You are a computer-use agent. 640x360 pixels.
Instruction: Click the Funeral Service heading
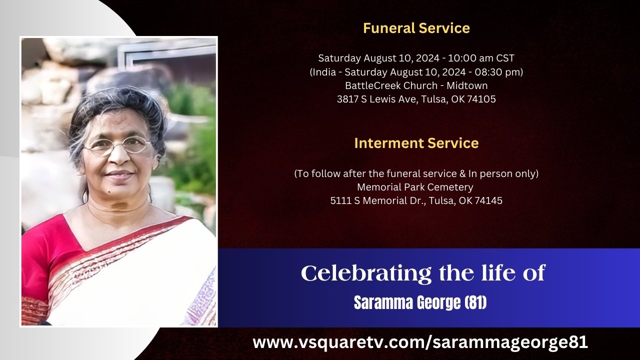pyautogui.click(x=416, y=28)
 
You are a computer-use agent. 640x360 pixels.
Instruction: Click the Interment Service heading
pyautogui.click(x=416, y=143)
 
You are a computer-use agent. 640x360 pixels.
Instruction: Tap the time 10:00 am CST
pyautogui.click(x=481, y=58)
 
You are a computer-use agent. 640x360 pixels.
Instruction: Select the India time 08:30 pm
pyautogui.click(x=497, y=72)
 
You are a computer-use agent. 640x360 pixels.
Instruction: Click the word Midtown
pyautogui.click(x=467, y=85)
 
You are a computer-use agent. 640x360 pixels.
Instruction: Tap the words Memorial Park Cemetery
pyautogui.click(x=415, y=187)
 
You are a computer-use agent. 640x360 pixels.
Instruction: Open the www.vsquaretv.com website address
pyautogui.click(x=420, y=342)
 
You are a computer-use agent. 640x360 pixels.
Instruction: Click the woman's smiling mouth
pyautogui.click(x=119, y=174)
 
